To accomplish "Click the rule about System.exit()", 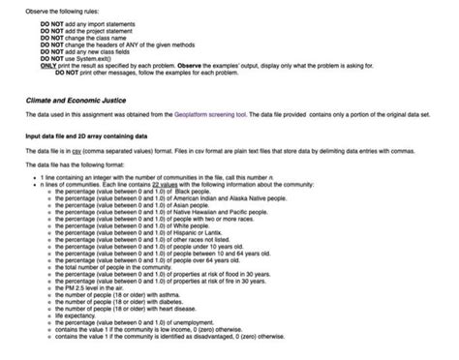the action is click(x=81, y=58).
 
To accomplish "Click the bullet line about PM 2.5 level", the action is click(x=93, y=286).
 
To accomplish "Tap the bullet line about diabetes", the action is click(x=127, y=299).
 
